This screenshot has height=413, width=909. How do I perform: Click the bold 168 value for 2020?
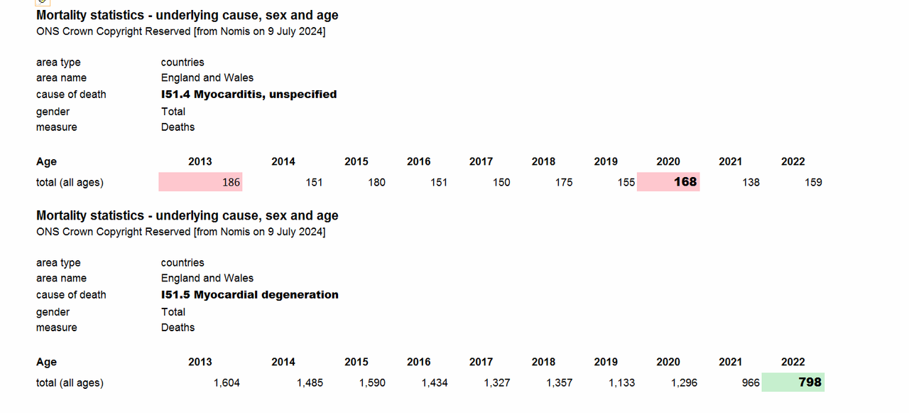click(685, 181)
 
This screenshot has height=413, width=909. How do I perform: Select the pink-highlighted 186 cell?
click(200, 181)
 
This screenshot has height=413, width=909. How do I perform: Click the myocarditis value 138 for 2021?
click(751, 183)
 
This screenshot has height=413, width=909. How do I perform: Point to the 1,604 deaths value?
click(227, 383)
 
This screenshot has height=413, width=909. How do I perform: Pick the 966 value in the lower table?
click(751, 383)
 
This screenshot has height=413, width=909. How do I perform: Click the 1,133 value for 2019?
click(621, 383)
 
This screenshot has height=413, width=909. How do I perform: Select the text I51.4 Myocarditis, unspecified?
click(249, 95)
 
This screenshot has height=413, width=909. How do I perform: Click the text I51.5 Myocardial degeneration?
click(249, 294)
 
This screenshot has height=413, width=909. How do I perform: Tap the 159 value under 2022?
click(813, 183)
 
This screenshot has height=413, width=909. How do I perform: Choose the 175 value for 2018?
click(564, 183)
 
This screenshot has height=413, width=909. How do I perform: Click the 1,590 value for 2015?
click(372, 383)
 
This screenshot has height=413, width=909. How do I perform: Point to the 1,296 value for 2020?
click(684, 383)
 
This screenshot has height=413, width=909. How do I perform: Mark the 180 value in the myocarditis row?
click(376, 183)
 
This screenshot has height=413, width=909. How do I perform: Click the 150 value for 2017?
click(501, 183)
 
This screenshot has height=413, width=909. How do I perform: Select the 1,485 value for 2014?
click(310, 383)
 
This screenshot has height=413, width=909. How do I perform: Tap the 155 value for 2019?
click(626, 183)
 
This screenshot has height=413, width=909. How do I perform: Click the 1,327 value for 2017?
click(496, 383)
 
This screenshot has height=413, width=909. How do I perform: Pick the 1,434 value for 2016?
click(434, 383)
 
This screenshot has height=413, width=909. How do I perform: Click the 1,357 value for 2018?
click(559, 383)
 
